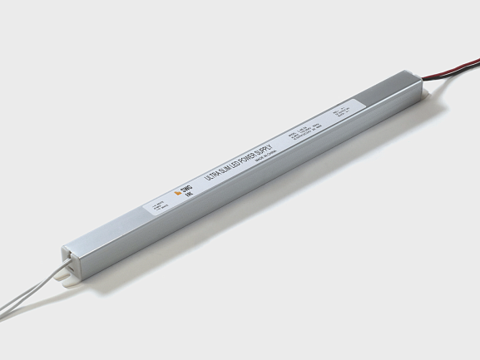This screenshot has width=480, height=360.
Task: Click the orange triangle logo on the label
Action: tap(176, 193)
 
